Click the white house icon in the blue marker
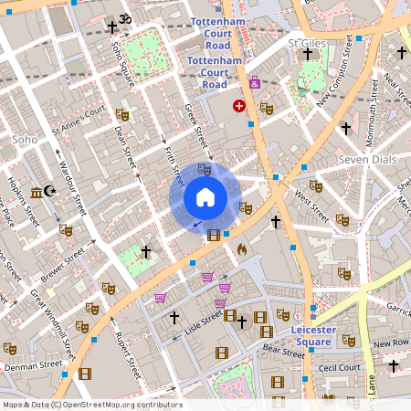coord(205,197)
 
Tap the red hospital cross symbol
coord(239,106)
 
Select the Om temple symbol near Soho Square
coord(126,19)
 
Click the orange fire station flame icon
coord(242,248)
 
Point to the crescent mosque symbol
coord(51,192)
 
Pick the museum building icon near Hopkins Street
coord(37,192)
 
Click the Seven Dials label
coord(364,160)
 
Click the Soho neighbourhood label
coord(25,140)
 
